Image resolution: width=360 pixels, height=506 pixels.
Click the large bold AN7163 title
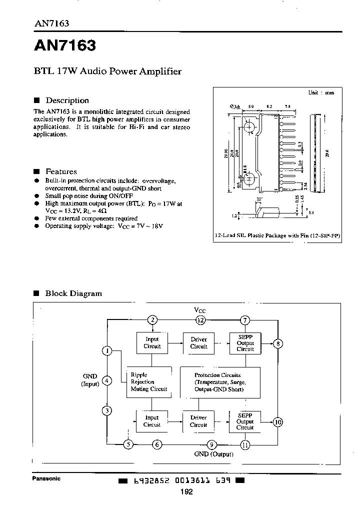(x=64, y=46)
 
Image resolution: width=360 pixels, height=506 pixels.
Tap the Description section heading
(x=66, y=100)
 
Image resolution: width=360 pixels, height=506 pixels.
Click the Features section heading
(x=61, y=171)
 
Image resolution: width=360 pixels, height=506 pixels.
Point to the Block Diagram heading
(x=73, y=293)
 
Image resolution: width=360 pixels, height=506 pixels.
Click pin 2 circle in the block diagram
(x=152, y=320)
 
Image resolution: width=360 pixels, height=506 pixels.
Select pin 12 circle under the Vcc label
(x=200, y=320)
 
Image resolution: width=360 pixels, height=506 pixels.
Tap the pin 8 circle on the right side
(x=278, y=343)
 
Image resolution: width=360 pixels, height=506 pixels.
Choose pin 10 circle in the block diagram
(x=278, y=422)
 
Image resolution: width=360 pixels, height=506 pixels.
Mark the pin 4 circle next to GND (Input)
(x=106, y=381)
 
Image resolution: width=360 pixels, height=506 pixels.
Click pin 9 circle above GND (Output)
(x=212, y=444)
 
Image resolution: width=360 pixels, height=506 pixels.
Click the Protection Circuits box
(x=220, y=382)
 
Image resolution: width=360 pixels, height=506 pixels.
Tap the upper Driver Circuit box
(x=198, y=343)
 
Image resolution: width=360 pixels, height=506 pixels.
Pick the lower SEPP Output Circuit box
(x=245, y=421)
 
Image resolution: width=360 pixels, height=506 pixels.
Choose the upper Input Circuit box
(x=152, y=343)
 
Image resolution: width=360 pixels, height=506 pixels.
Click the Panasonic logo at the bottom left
(x=46, y=478)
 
